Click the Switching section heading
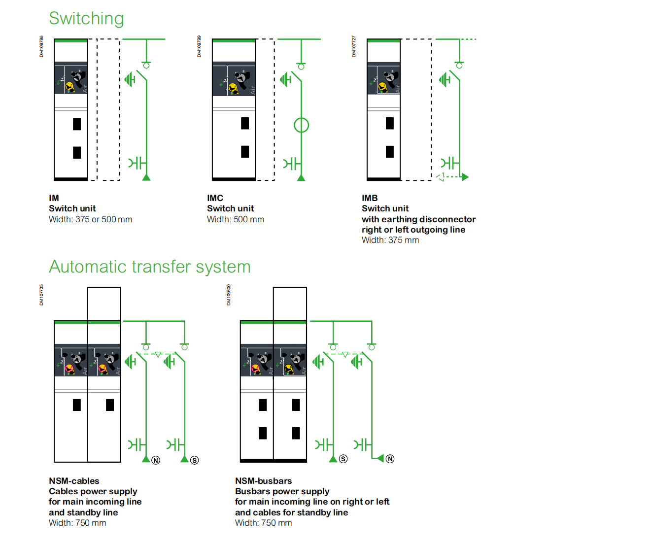(86, 19)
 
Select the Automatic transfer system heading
(149, 267)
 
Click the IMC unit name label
(215, 198)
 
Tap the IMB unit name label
(370, 198)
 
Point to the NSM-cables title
(74, 481)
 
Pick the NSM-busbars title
(263, 481)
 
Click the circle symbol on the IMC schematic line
(301, 125)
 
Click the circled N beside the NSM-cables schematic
(156, 460)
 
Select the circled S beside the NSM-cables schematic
(195, 460)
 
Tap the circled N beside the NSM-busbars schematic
(390, 459)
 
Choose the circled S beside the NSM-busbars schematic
(343, 459)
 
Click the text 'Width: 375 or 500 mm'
(90, 219)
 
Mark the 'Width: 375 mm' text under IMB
(390, 240)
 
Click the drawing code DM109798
(41, 46)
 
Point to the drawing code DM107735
(41, 295)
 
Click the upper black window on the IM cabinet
(77, 124)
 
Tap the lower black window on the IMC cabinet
(245, 152)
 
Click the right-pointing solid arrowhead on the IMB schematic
(465, 177)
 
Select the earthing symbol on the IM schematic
(130, 79)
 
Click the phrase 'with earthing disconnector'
(418, 219)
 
